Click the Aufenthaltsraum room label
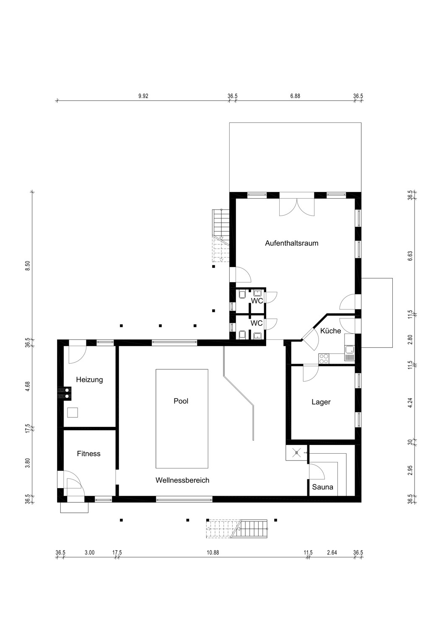click(x=291, y=243)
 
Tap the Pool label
click(x=181, y=401)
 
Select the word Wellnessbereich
click(x=182, y=480)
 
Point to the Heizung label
click(x=89, y=380)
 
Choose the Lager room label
click(x=321, y=402)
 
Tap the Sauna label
click(x=322, y=487)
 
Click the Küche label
click(x=330, y=331)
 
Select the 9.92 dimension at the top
click(x=143, y=96)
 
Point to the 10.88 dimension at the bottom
click(x=213, y=553)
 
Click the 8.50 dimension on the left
click(x=27, y=265)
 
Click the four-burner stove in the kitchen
click(x=324, y=358)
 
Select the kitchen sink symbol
click(x=350, y=353)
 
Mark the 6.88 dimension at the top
click(x=295, y=96)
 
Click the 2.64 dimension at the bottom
click(x=332, y=553)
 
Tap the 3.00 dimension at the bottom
click(x=89, y=553)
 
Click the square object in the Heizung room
click(x=73, y=413)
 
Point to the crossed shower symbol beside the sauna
click(x=296, y=452)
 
